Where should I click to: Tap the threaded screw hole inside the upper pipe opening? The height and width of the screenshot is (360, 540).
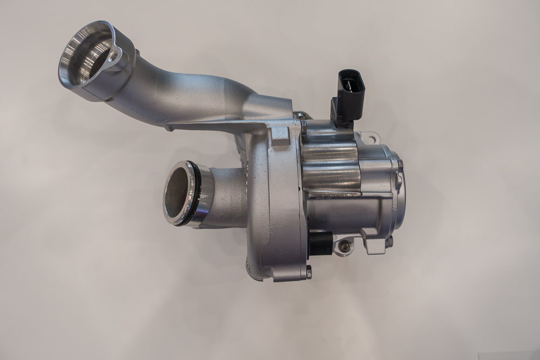pyautogui.click(x=113, y=56)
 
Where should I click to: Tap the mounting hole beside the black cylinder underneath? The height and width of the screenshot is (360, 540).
pyautogui.click(x=343, y=247)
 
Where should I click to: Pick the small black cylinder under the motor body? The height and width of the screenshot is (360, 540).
pyautogui.click(x=321, y=243)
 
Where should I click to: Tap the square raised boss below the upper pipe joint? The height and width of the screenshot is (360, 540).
pyautogui.click(x=280, y=136)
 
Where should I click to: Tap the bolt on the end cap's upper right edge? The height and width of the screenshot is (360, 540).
pyautogui.click(x=400, y=163)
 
